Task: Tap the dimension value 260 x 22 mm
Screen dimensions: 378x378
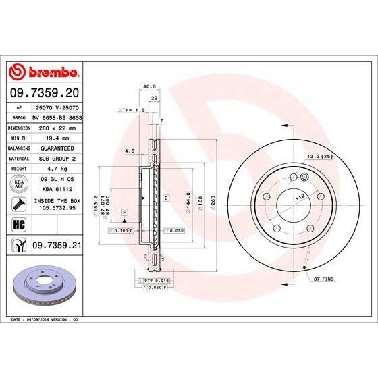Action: coord(58,127)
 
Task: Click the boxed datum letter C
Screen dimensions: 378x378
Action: coord(165,198)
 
